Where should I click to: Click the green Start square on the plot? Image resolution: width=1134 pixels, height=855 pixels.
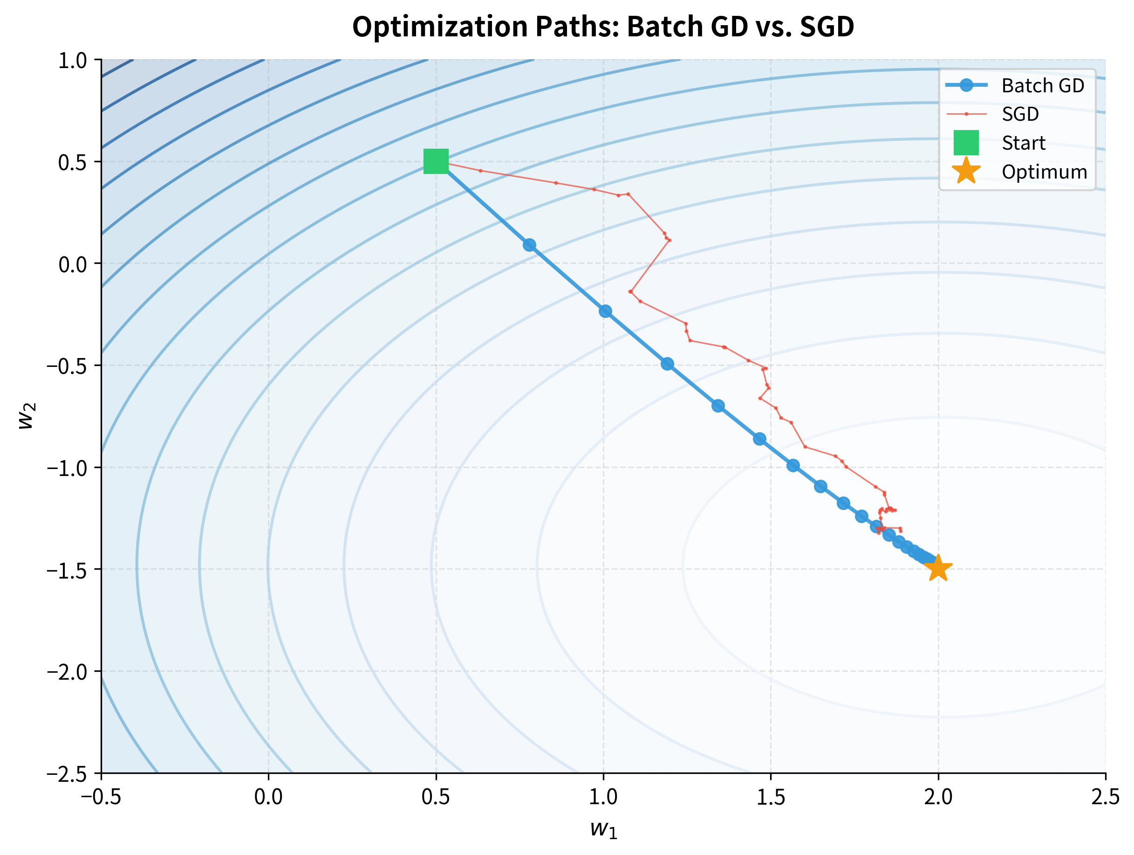pyautogui.click(x=436, y=162)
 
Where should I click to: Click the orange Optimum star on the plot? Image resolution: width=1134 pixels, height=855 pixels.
pyautogui.click(x=938, y=569)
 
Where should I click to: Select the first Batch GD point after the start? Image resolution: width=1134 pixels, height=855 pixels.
pyautogui.click(x=530, y=245)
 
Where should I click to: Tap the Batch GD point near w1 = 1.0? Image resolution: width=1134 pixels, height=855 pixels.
pyautogui.click(x=606, y=311)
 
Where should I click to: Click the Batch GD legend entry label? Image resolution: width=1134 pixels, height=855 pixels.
pyautogui.click(x=1043, y=86)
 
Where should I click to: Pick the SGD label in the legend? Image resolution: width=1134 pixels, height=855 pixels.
pyautogui.click(x=1020, y=114)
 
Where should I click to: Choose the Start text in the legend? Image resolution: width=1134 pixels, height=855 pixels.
pyautogui.click(x=1023, y=143)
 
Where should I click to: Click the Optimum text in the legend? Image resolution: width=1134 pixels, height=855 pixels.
pyautogui.click(x=1044, y=172)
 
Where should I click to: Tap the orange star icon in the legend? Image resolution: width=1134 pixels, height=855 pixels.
pyautogui.click(x=966, y=171)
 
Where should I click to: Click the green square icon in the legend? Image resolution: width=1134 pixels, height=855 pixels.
pyautogui.click(x=966, y=143)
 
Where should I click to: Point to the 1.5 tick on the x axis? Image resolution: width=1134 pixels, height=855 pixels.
pyautogui.click(x=771, y=797)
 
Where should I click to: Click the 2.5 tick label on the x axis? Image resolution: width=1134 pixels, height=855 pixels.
pyautogui.click(x=1105, y=797)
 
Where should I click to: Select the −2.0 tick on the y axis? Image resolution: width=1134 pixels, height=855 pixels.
pyautogui.click(x=74, y=671)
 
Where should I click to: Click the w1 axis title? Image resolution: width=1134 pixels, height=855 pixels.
pyautogui.click(x=603, y=829)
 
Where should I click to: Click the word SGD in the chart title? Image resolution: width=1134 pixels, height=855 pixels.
pyautogui.click(x=827, y=27)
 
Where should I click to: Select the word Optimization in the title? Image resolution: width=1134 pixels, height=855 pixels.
pyautogui.click(x=439, y=27)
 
